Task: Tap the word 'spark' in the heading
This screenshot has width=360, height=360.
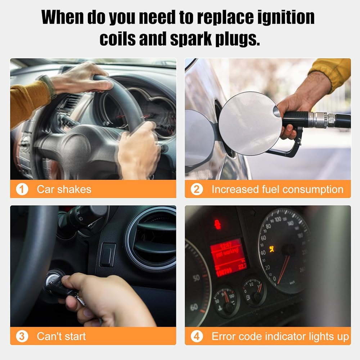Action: click(x=191, y=39)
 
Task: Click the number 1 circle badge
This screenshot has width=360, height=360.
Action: click(x=22, y=189)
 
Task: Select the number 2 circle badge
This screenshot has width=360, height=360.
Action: click(x=197, y=189)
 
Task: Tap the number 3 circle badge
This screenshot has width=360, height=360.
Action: click(x=22, y=336)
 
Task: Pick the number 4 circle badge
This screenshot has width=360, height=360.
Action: click(x=197, y=336)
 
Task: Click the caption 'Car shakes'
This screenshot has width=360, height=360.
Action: click(x=64, y=189)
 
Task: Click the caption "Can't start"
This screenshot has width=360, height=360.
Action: click(x=61, y=336)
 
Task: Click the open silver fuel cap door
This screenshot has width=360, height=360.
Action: click(x=250, y=123)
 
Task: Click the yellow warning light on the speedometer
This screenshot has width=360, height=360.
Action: click(x=272, y=249)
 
